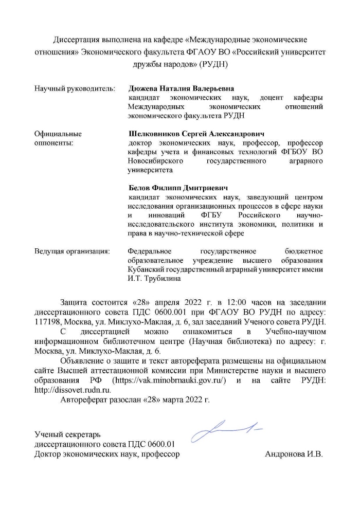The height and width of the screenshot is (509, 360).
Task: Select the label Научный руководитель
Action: tap(74, 88)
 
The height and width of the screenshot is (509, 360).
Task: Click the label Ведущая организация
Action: tap(72, 251)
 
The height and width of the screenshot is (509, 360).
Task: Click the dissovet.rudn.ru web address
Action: tap(65, 390)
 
